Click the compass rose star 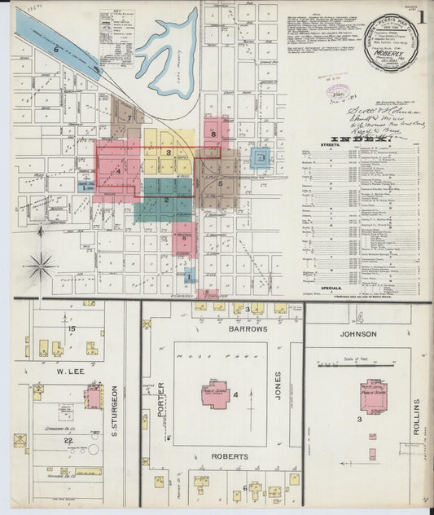40,264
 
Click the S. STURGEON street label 115,407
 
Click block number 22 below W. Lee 70,441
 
